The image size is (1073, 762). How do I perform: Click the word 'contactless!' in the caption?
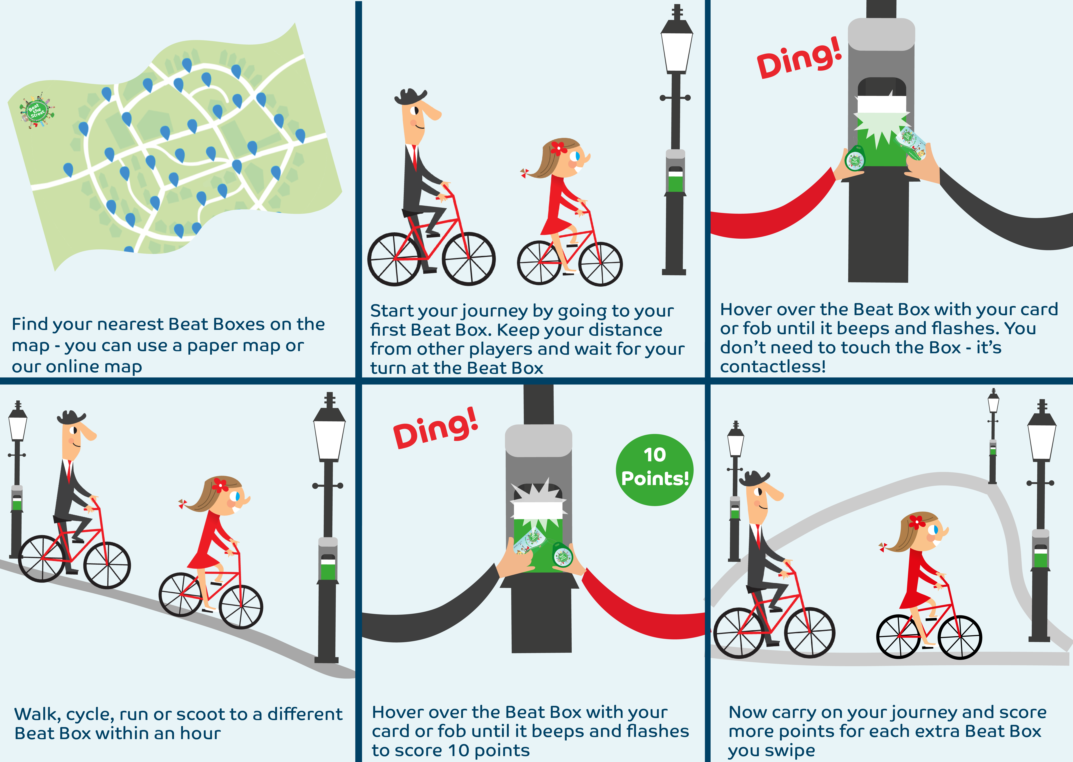(x=772, y=366)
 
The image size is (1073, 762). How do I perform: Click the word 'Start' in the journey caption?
(x=392, y=311)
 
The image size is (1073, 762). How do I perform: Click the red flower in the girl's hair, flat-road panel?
(x=558, y=148)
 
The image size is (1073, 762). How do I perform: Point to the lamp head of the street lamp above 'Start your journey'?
(x=676, y=47)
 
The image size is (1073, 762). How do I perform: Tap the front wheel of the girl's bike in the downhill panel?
(x=241, y=607)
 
